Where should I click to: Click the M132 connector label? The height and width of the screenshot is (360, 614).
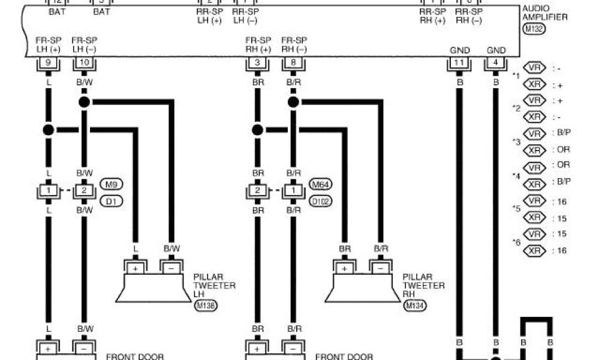pos(534,28)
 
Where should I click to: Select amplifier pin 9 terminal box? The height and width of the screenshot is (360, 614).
pos(48,62)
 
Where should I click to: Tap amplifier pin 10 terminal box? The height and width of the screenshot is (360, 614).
pos(84,62)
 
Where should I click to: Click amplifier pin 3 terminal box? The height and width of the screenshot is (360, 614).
pos(257,62)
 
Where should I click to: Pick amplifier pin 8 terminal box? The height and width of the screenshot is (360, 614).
pos(293,62)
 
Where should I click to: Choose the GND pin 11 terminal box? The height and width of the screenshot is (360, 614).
pos(459,62)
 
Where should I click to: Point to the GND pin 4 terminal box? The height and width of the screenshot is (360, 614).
pos(496,62)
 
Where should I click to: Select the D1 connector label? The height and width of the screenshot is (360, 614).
pos(110,201)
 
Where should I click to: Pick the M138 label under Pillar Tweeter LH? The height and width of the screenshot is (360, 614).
pos(206,306)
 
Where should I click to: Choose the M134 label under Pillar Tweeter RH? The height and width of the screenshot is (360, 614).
pos(415,306)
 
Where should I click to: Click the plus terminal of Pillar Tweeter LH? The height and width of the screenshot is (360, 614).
pos(136,268)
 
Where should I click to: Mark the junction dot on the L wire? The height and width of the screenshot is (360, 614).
pos(49,130)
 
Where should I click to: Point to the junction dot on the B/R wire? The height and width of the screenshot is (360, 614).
pos(293,103)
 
